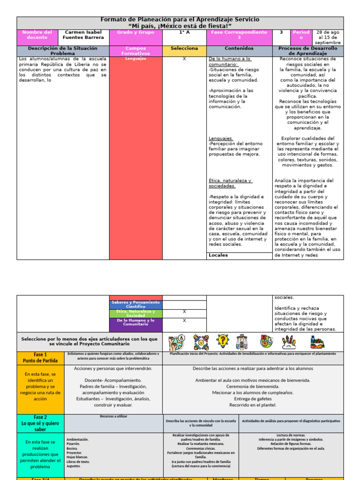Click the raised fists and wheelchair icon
click(177, 342)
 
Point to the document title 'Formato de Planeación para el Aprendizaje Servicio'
click(180, 19)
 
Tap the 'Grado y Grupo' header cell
click(135, 32)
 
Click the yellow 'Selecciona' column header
click(184, 48)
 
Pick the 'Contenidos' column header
click(239, 48)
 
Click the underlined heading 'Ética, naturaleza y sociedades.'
click(230, 183)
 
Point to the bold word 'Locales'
click(218, 255)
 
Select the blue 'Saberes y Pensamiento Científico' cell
click(135, 305)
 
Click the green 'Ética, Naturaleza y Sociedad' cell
click(135, 314)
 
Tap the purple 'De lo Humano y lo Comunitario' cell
click(135, 322)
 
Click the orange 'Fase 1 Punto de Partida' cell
click(40, 358)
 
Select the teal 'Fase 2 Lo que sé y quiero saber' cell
click(40, 423)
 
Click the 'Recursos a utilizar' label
click(113, 416)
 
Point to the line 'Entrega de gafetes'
click(253, 399)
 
